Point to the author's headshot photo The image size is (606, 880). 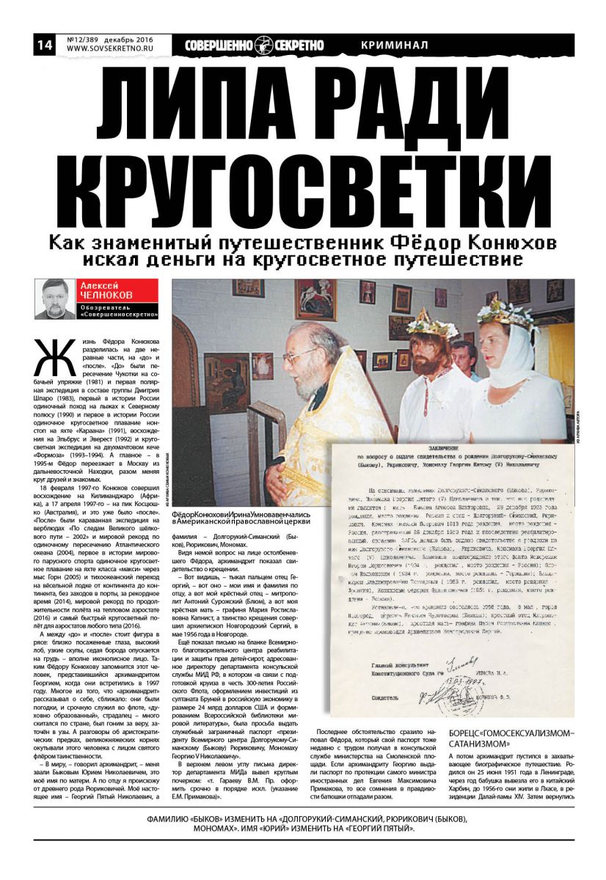click(56, 298)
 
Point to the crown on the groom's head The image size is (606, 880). click(432, 322)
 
